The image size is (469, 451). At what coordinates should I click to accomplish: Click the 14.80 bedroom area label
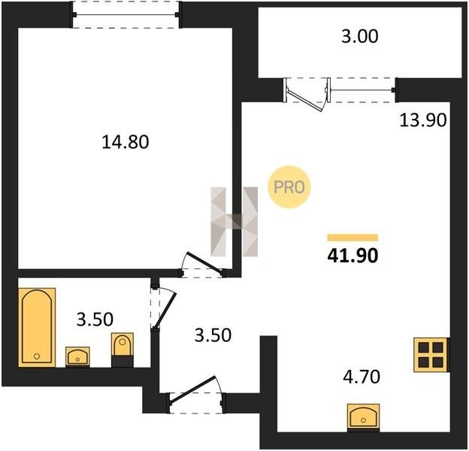click(x=126, y=142)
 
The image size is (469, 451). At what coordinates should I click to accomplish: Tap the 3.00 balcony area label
click(x=360, y=36)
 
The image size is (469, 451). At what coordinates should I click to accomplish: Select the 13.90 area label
click(x=423, y=120)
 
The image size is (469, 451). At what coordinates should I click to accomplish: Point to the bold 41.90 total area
click(x=353, y=256)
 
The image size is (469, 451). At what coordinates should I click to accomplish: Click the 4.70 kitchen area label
click(x=362, y=377)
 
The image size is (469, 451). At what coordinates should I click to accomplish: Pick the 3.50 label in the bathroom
click(x=95, y=319)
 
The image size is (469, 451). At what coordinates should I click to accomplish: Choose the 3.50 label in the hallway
click(x=213, y=335)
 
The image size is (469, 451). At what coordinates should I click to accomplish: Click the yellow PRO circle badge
click(x=289, y=187)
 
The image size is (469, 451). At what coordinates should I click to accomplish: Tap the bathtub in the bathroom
click(x=37, y=327)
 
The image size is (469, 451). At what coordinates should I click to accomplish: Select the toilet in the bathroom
click(x=123, y=350)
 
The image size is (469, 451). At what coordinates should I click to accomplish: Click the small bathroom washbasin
click(x=77, y=356)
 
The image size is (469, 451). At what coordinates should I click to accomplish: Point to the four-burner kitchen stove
click(x=431, y=355)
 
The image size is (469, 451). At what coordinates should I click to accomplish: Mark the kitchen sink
click(x=364, y=418)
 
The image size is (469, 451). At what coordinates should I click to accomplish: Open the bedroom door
click(x=202, y=265)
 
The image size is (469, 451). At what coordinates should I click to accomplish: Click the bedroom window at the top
click(x=126, y=14)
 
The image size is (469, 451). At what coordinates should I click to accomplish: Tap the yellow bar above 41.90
click(x=353, y=238)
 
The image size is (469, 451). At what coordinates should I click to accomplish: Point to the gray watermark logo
click(x=234, y=222)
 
